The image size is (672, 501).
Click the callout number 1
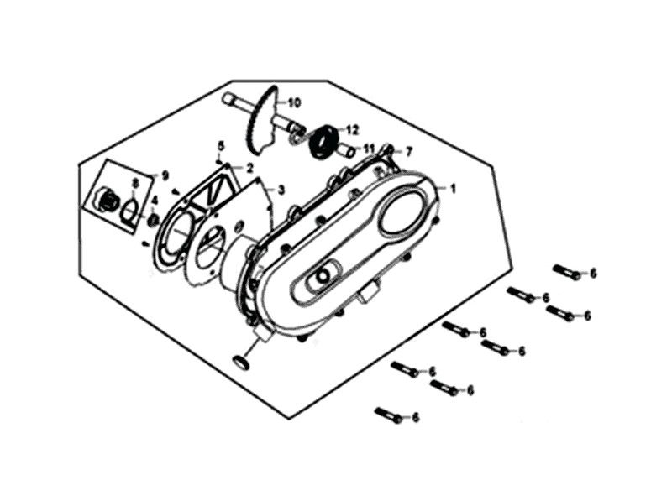click(453, 188)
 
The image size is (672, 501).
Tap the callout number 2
click(249, 168)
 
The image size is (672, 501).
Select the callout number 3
click(281, 190)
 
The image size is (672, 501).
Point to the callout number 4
click(154, 200)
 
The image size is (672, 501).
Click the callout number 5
click(221, 145)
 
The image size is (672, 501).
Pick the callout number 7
click(409, 151)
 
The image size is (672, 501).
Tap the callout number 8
click(135, 184)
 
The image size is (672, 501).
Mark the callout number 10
click(294, 102)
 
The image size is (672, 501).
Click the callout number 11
click(369, 149)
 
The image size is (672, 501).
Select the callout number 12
click(352, 130)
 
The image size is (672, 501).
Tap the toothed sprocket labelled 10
click(262, 122)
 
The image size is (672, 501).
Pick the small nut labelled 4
click(154, 221)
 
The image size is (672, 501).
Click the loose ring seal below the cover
click(241, 363)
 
